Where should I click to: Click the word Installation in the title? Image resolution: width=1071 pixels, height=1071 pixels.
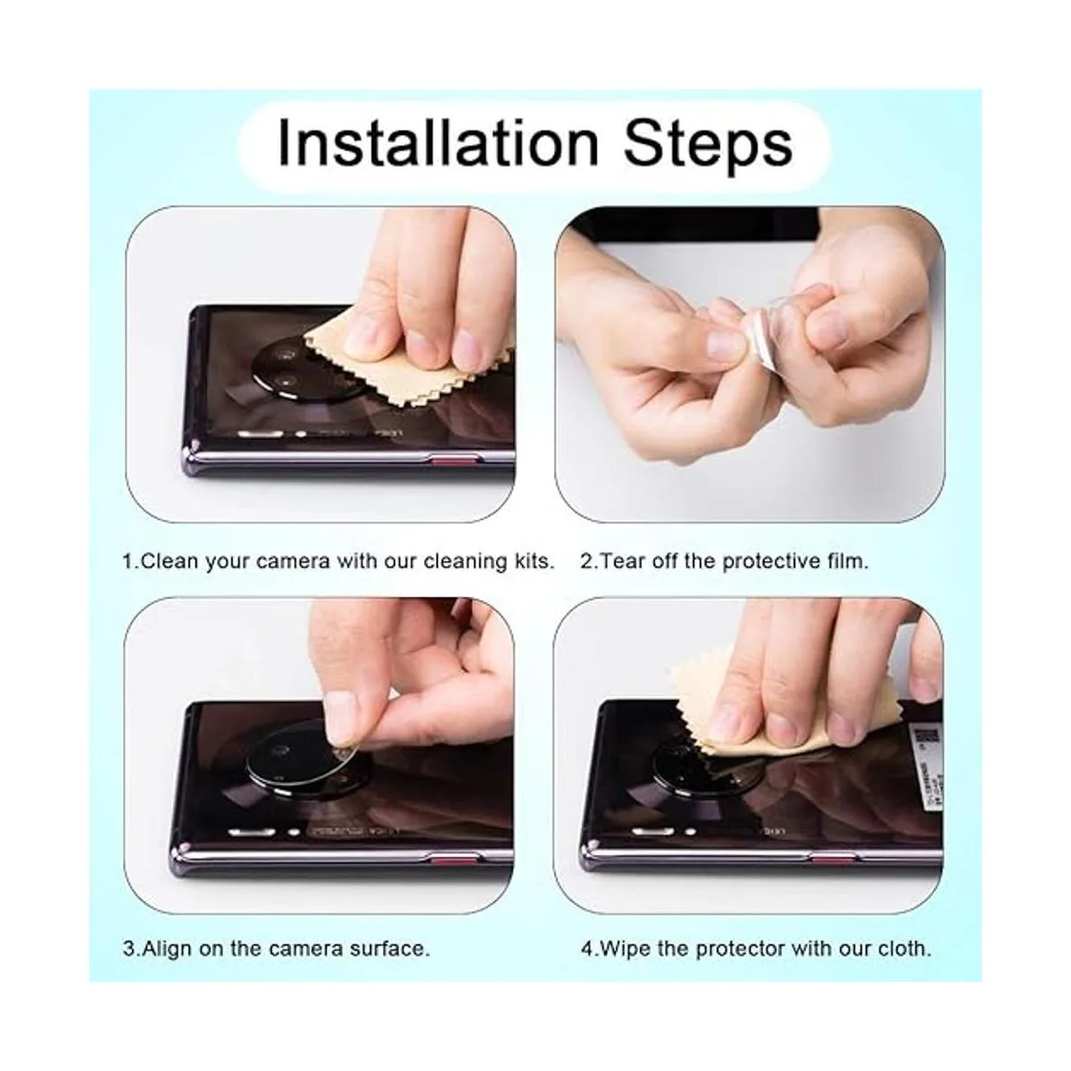pyautogui.click(x=436, y=142)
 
